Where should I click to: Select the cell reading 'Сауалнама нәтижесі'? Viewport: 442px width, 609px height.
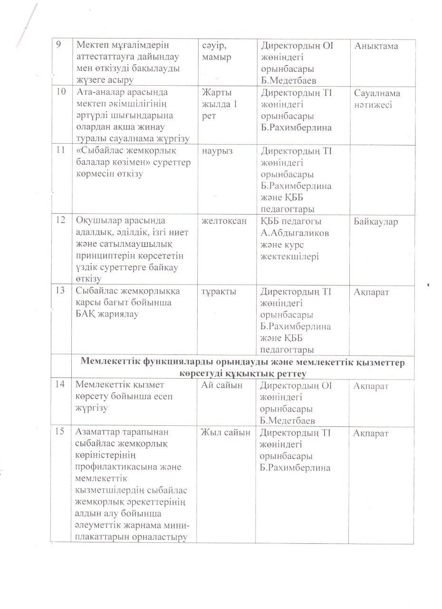pos(377,99)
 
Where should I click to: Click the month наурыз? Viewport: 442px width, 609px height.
pos(217,151)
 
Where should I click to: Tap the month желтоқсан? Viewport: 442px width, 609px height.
pos(223,222)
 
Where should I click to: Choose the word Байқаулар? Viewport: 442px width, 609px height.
pos(376,222)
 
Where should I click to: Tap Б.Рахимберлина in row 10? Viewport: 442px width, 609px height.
pos(296,128)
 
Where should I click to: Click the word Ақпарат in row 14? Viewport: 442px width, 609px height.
pos(371,386)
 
